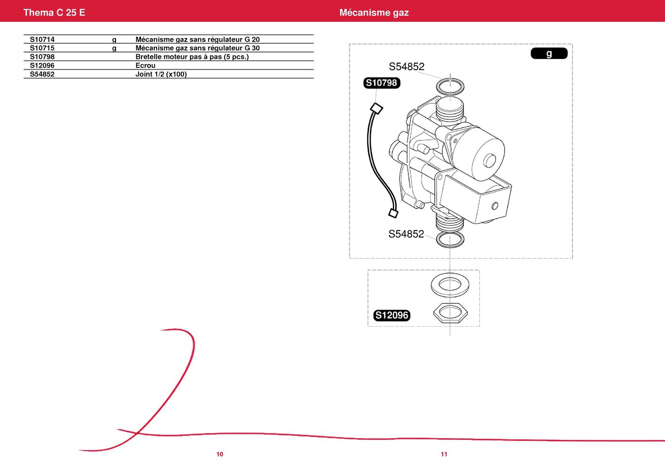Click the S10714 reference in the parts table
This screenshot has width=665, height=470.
coord(42,40)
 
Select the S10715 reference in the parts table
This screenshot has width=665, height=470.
coord(42,48)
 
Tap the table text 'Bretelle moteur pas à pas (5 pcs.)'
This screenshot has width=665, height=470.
coord(192,57)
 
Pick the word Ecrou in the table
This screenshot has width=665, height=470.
coord(145,65)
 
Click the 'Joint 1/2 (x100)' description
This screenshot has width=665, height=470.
coord(161,74)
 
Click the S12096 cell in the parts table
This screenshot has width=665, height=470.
coord(42,65)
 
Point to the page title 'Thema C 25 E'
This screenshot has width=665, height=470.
coord(54,12)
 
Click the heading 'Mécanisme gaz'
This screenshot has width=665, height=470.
coord(374,12)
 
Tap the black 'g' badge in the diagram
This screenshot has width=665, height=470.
coord(549,53)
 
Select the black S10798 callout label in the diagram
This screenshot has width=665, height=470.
coord(382,83)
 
